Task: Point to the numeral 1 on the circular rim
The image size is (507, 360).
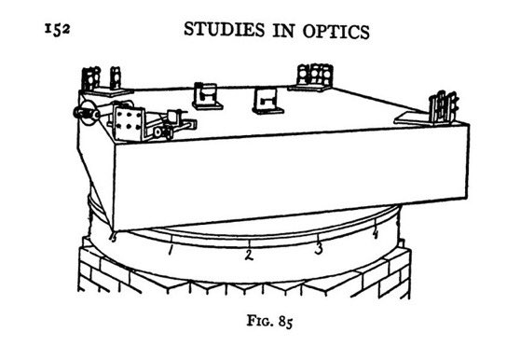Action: (x=171, y=249)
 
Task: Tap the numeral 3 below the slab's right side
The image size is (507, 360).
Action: (x=318, y=248)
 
